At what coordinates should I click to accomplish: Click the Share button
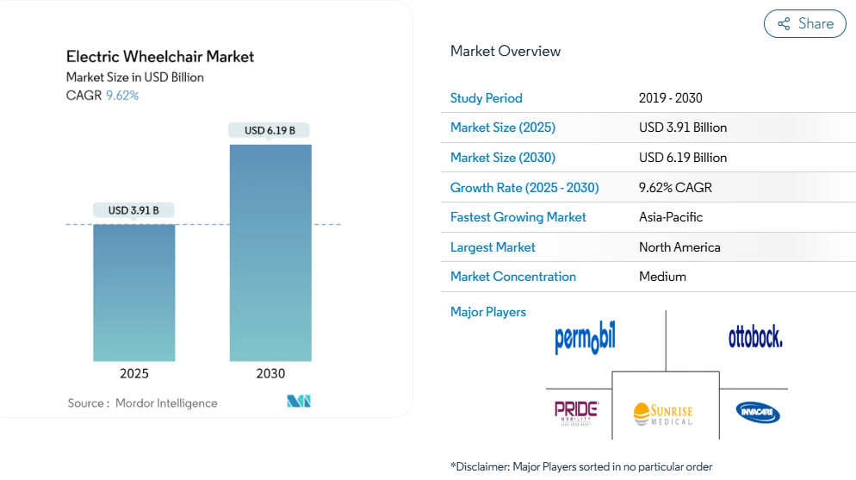(x=804, y=24)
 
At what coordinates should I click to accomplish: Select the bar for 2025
(x=133, y=292)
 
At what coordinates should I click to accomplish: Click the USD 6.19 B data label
(x=270, y=131)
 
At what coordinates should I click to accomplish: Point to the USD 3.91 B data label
(x=133, y=210)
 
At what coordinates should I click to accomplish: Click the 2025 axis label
(x=133, y=373)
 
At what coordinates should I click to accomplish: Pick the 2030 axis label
(x=270, y=373)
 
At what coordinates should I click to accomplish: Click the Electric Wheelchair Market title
(x=160, y=57)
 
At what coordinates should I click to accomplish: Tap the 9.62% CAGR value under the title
(x=122, y=96)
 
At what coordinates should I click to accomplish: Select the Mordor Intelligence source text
(x=166, y=403)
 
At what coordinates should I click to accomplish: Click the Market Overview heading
(x=506, y=51)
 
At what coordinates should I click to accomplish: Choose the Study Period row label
(x=487, y=98)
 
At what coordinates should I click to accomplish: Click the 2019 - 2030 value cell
(x=671, y=98)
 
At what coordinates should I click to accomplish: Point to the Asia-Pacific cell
(x=672, y=217)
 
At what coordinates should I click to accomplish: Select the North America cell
(x=679, y=247)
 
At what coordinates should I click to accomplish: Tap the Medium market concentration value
(x=662, y=277)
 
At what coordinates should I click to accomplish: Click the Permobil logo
(x=585, y=337)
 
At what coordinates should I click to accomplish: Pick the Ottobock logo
(x=755, y=336)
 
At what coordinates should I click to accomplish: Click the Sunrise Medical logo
(x=663, y=414)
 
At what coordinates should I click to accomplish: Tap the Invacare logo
(x=758, y=413)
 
